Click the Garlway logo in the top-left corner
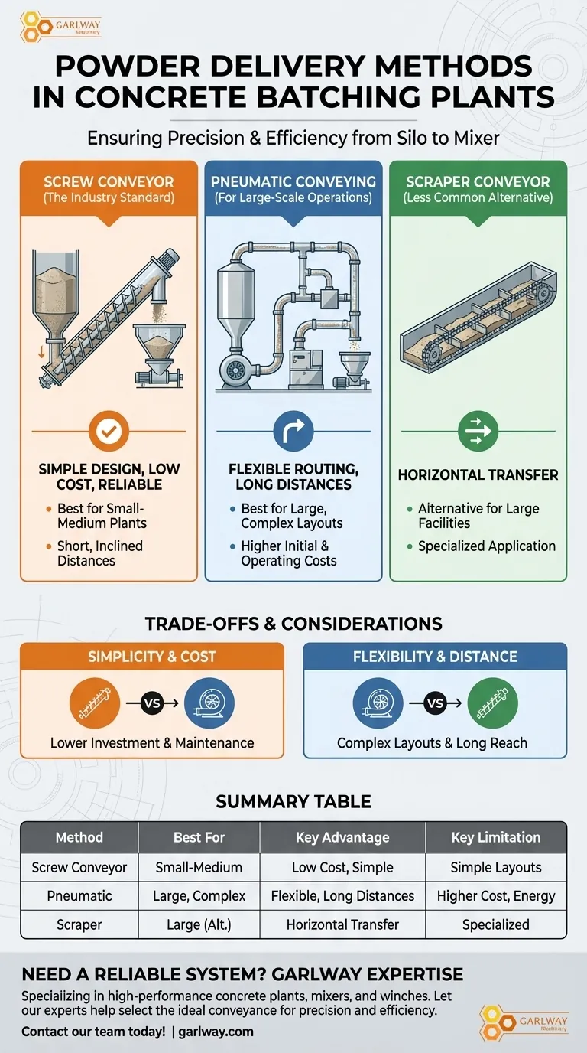(60, 24)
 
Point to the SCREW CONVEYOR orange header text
(109, 182)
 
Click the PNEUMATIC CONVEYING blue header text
(293, 182)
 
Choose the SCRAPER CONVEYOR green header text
(478, 182)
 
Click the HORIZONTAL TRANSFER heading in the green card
(478, 475)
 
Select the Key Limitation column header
(495, 837)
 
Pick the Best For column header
(199, 837)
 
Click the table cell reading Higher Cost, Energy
(495, 895)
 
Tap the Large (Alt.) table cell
(199, 924)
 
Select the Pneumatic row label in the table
(79, 895)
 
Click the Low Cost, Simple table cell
(342, 867)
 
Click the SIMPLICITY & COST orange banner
(151, 657)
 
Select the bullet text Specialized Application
(487, 546)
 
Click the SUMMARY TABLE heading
(293, 801)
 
